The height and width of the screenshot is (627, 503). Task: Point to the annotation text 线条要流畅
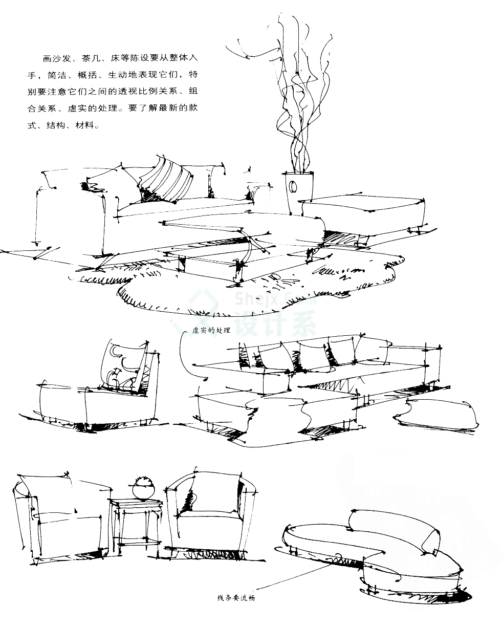coord(236,597)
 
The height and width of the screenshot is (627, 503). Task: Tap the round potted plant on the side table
coord(143,488)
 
